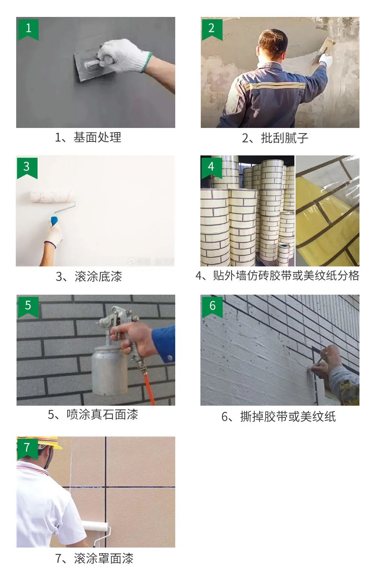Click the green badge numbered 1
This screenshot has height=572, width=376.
pos(28,28)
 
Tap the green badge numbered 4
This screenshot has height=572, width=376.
pos(211,167)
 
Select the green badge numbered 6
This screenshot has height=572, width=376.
pos(212,306)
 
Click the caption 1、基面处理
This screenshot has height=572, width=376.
pos(88,137)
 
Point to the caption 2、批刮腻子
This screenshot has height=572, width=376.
pos(275,138)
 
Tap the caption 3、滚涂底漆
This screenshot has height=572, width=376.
pos(89,277)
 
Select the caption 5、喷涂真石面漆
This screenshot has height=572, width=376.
pos(93,415)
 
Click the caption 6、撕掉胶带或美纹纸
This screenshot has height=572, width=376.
pos(278,417)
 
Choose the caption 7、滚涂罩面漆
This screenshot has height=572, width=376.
pos(94,558)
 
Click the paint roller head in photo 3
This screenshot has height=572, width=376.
pos(52,196)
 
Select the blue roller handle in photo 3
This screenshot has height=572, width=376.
pos(55,221)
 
